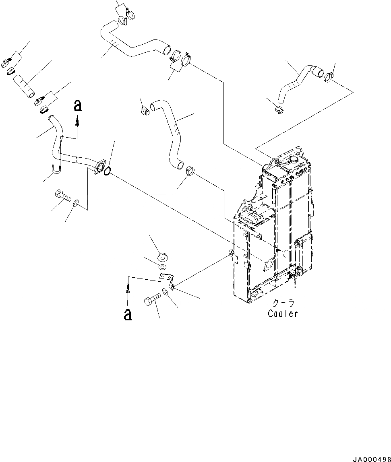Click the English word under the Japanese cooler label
283,314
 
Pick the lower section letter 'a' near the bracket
128,314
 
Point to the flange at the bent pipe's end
99,167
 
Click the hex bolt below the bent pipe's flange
62,196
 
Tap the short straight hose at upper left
24,85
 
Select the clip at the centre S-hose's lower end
190,170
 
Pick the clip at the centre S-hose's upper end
145,109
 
